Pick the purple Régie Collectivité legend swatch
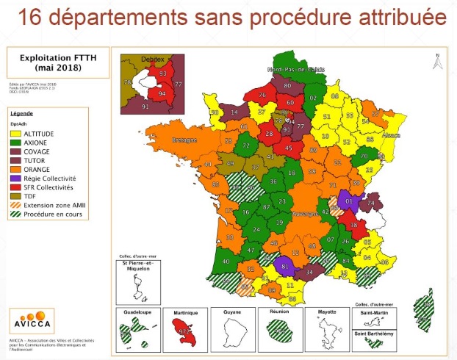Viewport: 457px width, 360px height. (x=17, y=178)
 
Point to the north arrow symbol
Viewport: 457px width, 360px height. (x=436, y=62)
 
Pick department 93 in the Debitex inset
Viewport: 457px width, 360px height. (x=162, y=74)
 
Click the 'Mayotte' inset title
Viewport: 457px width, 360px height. (x=327, y=312)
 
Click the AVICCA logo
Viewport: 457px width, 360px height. (x=29, y=322)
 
